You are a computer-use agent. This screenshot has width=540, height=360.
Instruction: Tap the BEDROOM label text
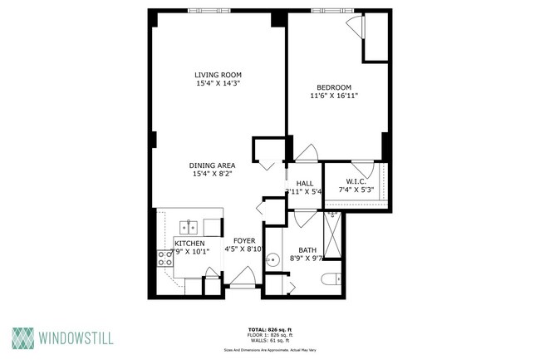click(x=333, y=87)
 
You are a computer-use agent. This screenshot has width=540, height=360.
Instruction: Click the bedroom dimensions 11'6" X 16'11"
click(x=333, y=96)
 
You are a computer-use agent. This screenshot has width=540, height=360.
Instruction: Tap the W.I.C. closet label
click(x=356, y=181)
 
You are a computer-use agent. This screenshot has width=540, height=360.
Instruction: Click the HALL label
click(x=304, y=183)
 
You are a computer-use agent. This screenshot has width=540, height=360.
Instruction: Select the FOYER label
click(x=243, y=240)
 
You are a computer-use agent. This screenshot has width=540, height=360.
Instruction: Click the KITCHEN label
click(x=189, y=243)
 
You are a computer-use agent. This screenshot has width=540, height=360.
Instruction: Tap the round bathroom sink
click(x=271, y=261)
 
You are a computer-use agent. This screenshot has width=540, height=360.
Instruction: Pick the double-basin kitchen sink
click(x=189, y=225)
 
